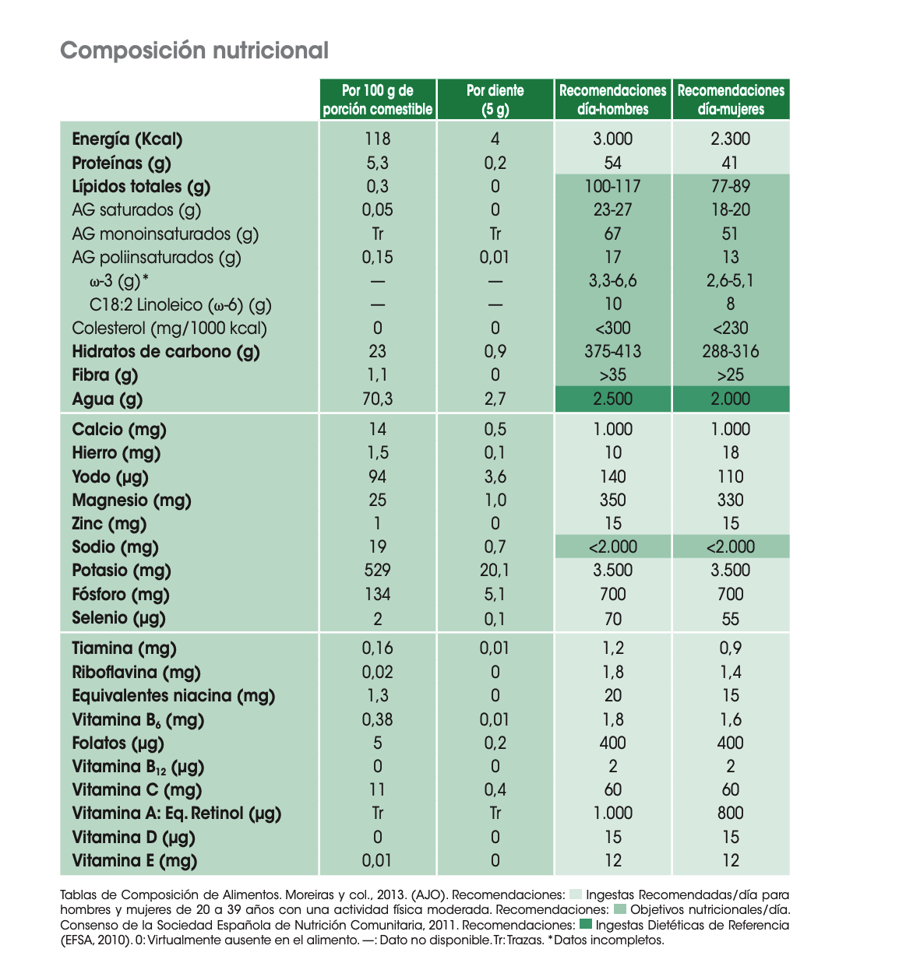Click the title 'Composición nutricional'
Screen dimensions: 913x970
(x=194, y=51)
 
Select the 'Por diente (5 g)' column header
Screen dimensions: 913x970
(x=495, y=99)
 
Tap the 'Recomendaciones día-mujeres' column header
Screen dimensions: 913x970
(x=731, y=99)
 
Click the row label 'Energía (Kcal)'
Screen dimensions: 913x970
(x=127, y=139)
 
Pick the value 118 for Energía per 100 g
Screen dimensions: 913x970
(x=377, y=139)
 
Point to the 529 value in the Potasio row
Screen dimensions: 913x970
(x=377, y=570)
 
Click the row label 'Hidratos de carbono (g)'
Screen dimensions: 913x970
(x=166, y=352)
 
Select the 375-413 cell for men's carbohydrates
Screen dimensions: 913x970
(x=613, y=351)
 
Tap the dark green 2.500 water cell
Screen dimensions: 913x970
(x=613, y=399)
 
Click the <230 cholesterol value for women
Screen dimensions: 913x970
(x=730, y=328)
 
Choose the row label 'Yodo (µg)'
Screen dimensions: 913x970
(x=110, y=476)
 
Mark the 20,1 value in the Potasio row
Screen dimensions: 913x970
(x=495, y=570)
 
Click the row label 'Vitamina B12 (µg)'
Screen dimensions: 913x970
(x=138, y=766)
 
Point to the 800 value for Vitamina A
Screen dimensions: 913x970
(x=730, y=813)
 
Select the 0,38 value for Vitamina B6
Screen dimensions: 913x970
(x=377, y=719)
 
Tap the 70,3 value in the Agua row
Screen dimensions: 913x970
(x=377, y=399)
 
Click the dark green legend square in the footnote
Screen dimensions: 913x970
(x=586, y=923)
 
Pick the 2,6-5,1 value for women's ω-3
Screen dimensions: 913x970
(x=730, y=280)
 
